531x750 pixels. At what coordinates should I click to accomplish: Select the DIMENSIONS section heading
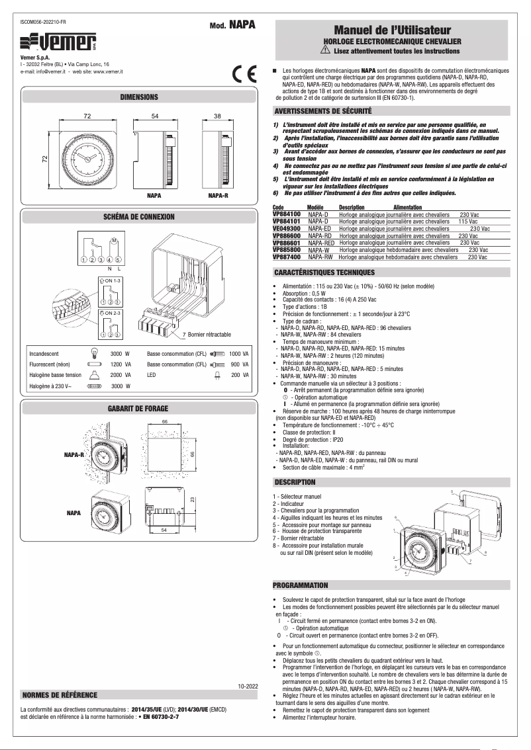pyautogui.click(x=138, y=97)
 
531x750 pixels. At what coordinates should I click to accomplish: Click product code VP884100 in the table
pyautogui.click(x=286, y=215)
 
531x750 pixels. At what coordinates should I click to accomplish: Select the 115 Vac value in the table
pyautogui.click(x=468, y=222)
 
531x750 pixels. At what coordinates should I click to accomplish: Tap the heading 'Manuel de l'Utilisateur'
pyautogui.click(x=392, y=30)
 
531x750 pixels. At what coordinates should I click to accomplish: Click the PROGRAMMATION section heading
pyautogui.click(x=301, y=585)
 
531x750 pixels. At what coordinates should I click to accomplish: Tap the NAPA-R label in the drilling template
pyautogui.click(x=73, y=455)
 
